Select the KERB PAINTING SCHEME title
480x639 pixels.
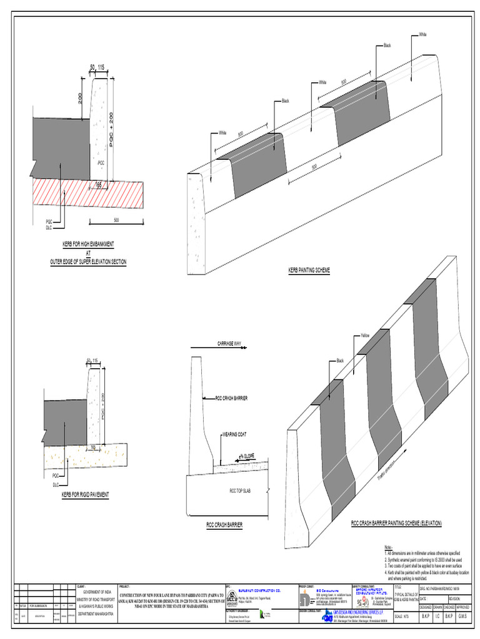[308, 270]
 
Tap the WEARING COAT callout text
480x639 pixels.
[234, 433]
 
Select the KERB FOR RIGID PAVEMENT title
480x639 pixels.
[85, 495]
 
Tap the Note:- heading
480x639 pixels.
[388, 547]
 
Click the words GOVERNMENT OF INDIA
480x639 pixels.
[93, 592]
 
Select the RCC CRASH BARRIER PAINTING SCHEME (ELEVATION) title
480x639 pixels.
[396, 522]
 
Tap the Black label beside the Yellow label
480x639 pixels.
[341, 361]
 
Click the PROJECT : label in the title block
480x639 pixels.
[123, 587]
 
